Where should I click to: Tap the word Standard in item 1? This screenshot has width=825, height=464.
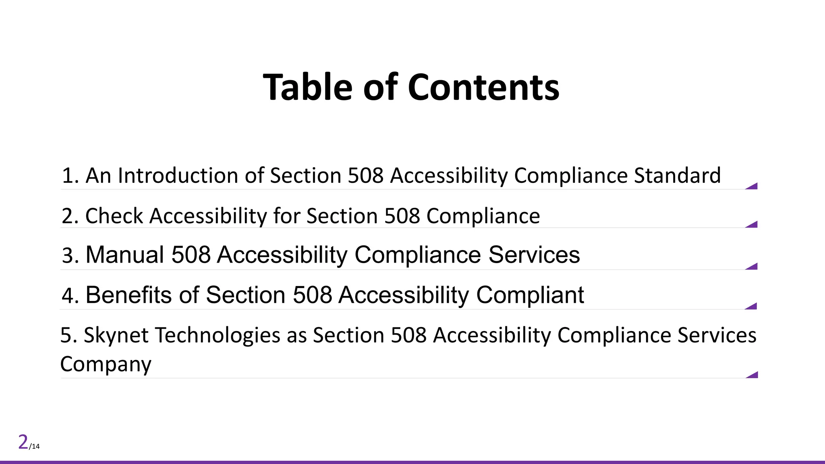(677, 176)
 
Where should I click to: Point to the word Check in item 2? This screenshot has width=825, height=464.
(114, 216)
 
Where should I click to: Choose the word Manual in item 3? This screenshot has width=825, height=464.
(125, 255)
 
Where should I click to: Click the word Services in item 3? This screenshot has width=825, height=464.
(534, 255)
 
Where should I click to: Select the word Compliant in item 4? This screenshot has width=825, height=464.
(530, 295)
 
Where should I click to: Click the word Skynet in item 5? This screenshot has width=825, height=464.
(116, 335)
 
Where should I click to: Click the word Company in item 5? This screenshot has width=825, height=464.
(106, 364)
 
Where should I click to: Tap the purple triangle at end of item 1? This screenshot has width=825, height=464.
(753, 186)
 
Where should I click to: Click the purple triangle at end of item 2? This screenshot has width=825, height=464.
(753, 225)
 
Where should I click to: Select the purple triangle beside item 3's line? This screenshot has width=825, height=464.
(753, 267)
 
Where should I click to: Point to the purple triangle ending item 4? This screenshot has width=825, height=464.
(752, 307)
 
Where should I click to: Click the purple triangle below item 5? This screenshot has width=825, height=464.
(753, 375)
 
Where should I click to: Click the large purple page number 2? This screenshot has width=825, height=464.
(23, 442)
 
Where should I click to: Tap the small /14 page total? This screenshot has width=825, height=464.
(34, 446)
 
